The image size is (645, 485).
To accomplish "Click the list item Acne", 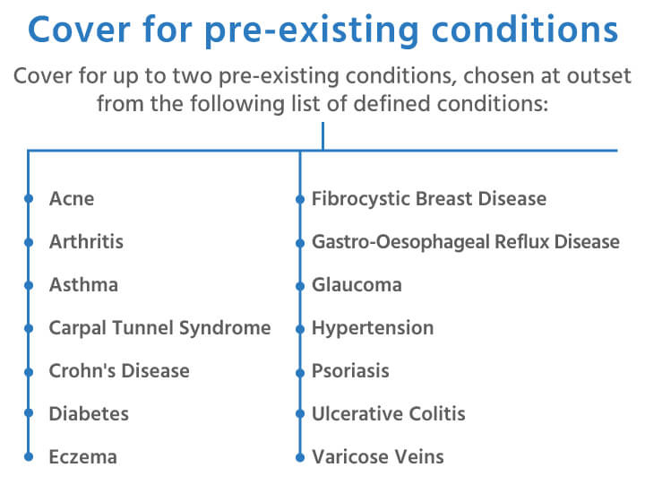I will click(x=72, y=198).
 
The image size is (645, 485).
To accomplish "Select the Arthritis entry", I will click(x=86, y=241).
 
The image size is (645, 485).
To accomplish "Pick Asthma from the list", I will click(x=83, y=284).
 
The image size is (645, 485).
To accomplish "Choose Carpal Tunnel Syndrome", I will click(x=159, y=327).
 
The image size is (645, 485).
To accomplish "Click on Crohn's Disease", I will click(x=119, y=370).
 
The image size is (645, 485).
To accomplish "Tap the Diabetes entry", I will click(x=89, y=413).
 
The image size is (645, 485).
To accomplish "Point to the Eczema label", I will click(x=82, y=456).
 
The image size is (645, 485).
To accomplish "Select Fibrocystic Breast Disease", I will click(x=428, y=198).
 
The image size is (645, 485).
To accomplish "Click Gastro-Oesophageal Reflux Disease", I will click(x=465, y=241).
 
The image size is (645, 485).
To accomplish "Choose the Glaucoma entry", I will click(x=357, y=284).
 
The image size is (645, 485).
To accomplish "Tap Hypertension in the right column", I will click(x=372, y=327).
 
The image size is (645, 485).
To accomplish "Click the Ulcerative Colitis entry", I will click(x=388, y=413).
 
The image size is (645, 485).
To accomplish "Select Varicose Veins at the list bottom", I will click(x=377, y=456).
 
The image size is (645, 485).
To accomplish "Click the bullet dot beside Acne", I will click(x=29, y=198).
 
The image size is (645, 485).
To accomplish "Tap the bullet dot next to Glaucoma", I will click(x=300, y=284).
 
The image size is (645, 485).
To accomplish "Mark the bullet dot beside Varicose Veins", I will click(x=300, y=456).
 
